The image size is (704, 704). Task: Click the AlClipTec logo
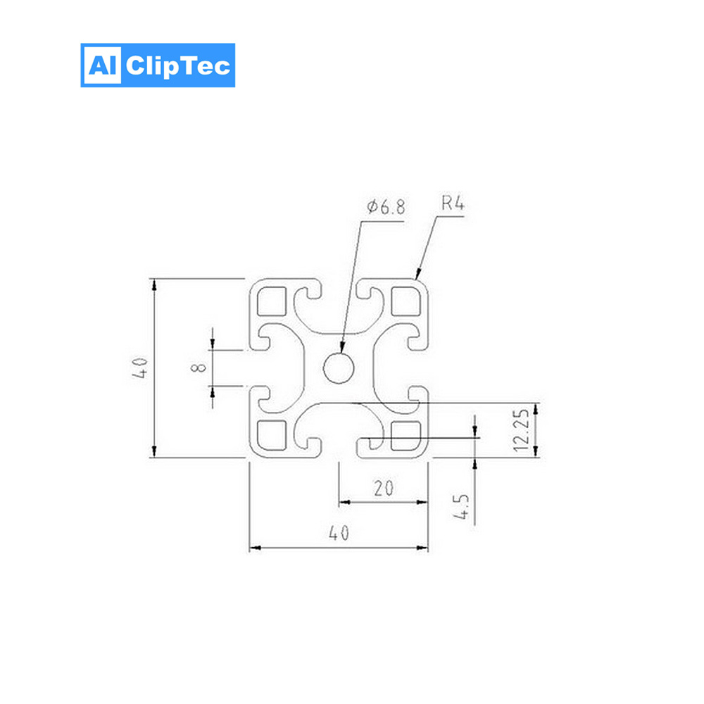158,65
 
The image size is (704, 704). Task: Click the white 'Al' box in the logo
103,65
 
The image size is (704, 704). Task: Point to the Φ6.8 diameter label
386,207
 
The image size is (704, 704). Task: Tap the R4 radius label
453,203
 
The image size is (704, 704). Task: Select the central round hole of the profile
339,368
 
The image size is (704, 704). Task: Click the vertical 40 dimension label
140,367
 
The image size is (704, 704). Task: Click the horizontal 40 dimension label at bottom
339,533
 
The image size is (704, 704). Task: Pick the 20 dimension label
384,488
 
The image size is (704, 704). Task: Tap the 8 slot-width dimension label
199,367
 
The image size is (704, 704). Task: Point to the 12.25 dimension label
521,430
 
